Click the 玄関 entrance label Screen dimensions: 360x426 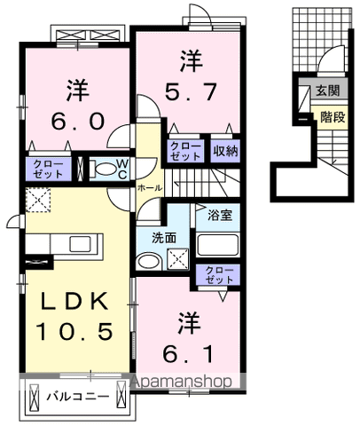327,91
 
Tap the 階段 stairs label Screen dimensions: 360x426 333,117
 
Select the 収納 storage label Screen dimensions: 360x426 225,151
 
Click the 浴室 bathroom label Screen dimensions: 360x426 220,215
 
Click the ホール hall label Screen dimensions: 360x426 150,188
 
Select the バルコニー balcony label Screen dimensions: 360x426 77,396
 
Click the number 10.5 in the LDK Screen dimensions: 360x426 74,331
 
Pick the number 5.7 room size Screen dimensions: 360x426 191,91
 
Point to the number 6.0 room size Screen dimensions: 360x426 78,122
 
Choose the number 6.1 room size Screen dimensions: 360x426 188,354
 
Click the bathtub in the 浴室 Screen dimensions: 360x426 218,245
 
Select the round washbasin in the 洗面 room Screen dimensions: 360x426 149,261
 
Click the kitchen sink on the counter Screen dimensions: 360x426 82,244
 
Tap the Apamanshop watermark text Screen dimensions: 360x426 182,382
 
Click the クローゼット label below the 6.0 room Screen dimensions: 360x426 48,169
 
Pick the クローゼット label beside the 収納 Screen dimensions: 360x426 185,151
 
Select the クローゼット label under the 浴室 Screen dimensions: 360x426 219,275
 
